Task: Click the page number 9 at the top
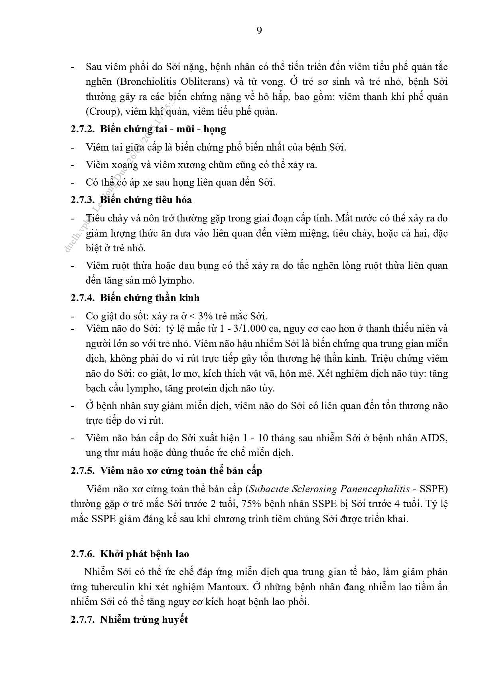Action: click(259, 31)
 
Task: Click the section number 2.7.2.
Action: click(82, 129)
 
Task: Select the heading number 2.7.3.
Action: click(82, 200)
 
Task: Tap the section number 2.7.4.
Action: click(82, 298)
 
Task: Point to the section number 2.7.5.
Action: click(82, 471)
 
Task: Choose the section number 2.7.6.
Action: click(82, 554)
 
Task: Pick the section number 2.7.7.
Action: click(82, 620)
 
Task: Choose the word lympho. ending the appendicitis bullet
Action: click(177, 280)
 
